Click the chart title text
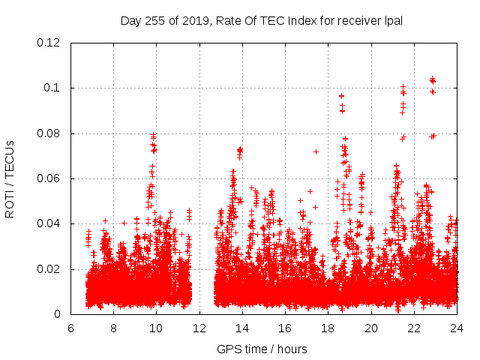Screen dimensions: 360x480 click(262, 21)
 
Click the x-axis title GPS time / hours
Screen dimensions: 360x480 click(262, 349)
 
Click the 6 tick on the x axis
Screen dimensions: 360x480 click(70, 328)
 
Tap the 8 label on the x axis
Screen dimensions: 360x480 click(113, 328)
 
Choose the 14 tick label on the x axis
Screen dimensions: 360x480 click(242, 328)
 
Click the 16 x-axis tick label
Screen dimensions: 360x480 click(285, 328)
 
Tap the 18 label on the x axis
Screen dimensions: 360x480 click(328, 328)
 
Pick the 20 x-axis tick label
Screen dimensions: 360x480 click(371, 328)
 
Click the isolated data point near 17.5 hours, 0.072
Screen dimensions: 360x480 click(316, 151)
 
